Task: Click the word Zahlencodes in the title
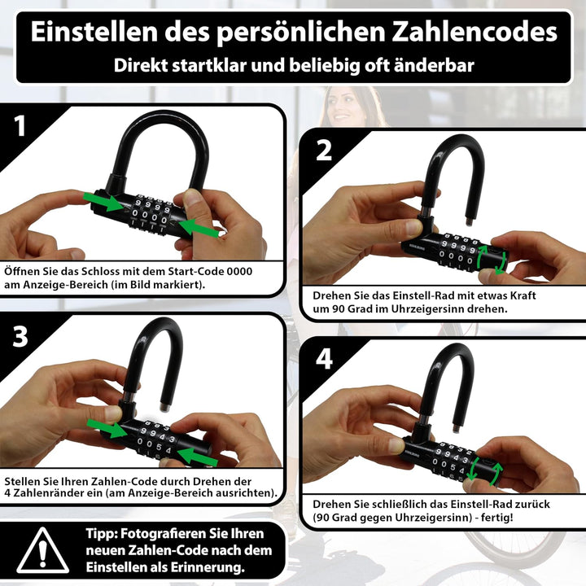(474, 32)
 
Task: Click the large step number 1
(20, 126)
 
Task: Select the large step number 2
(324, 151)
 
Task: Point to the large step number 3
(20, 336)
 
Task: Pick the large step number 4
(324, 359)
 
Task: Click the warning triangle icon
(43, 550)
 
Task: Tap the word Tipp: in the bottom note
(101, 534)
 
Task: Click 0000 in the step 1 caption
(239, 271)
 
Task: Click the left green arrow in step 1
(103, 202)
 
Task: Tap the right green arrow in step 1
(199, 228)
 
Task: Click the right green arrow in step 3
(197, 457)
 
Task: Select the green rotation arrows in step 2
(492, 260)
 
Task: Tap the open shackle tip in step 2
(469, 222)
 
